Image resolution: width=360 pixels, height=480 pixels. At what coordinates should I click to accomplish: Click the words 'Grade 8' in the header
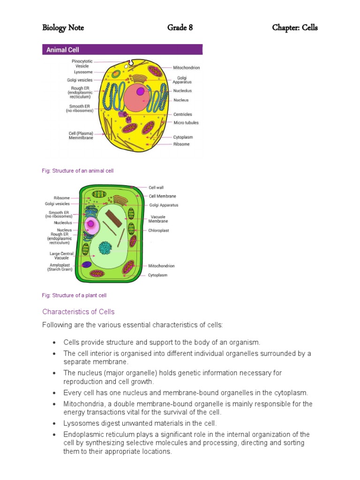coord(180,28)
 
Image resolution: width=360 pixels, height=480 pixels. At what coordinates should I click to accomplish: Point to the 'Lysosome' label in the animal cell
coord(83,72)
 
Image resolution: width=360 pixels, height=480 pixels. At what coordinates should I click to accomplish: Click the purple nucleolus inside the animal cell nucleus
coord(140,91)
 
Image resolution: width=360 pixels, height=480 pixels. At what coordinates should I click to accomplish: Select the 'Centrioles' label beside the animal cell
coord(182,114)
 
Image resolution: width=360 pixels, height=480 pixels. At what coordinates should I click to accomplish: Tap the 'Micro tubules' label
coord(186,123)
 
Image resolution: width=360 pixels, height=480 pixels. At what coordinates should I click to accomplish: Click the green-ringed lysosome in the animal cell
coord(116,74)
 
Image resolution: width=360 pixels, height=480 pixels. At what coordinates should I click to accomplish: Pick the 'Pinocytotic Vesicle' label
coord(82,63)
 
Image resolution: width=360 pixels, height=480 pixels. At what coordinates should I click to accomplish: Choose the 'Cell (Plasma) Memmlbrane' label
coord(81,135)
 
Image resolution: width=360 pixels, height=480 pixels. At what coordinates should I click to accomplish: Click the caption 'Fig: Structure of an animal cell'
coord(78,171)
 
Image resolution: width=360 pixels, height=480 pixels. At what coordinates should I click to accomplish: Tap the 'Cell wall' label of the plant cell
coord(156,187)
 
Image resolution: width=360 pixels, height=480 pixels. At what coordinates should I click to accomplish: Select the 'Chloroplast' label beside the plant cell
coord(158,231)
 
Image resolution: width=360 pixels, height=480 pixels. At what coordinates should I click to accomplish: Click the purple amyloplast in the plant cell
coord(87,264)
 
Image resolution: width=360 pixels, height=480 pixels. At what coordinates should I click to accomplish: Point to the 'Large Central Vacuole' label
coord(61,255)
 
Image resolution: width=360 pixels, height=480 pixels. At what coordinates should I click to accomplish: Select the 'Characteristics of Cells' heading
coord(78,312)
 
